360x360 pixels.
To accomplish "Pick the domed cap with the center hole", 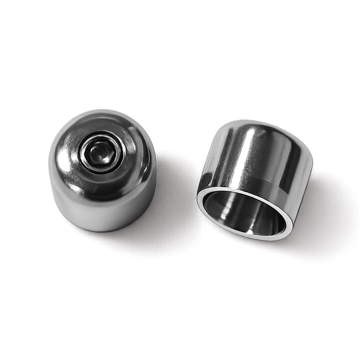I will (103, 171).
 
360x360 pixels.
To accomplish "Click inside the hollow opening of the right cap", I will (243, 214).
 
